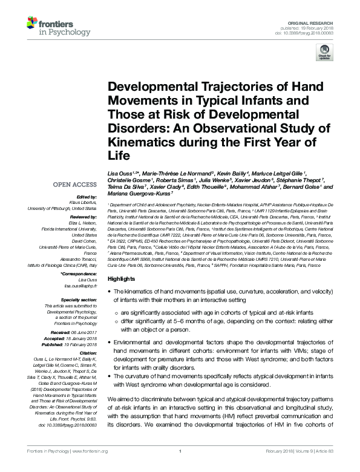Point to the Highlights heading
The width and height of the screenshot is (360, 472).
click(x=121, y=278)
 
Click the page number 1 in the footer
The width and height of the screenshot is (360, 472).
click(x=180, y=467)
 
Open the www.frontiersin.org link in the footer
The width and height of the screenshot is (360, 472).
click(x=90, y=467)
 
